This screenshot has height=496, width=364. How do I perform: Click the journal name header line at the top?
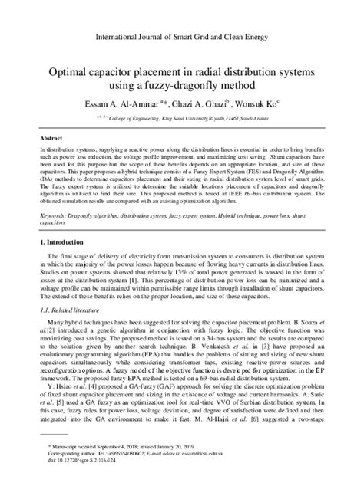point(182,35)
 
